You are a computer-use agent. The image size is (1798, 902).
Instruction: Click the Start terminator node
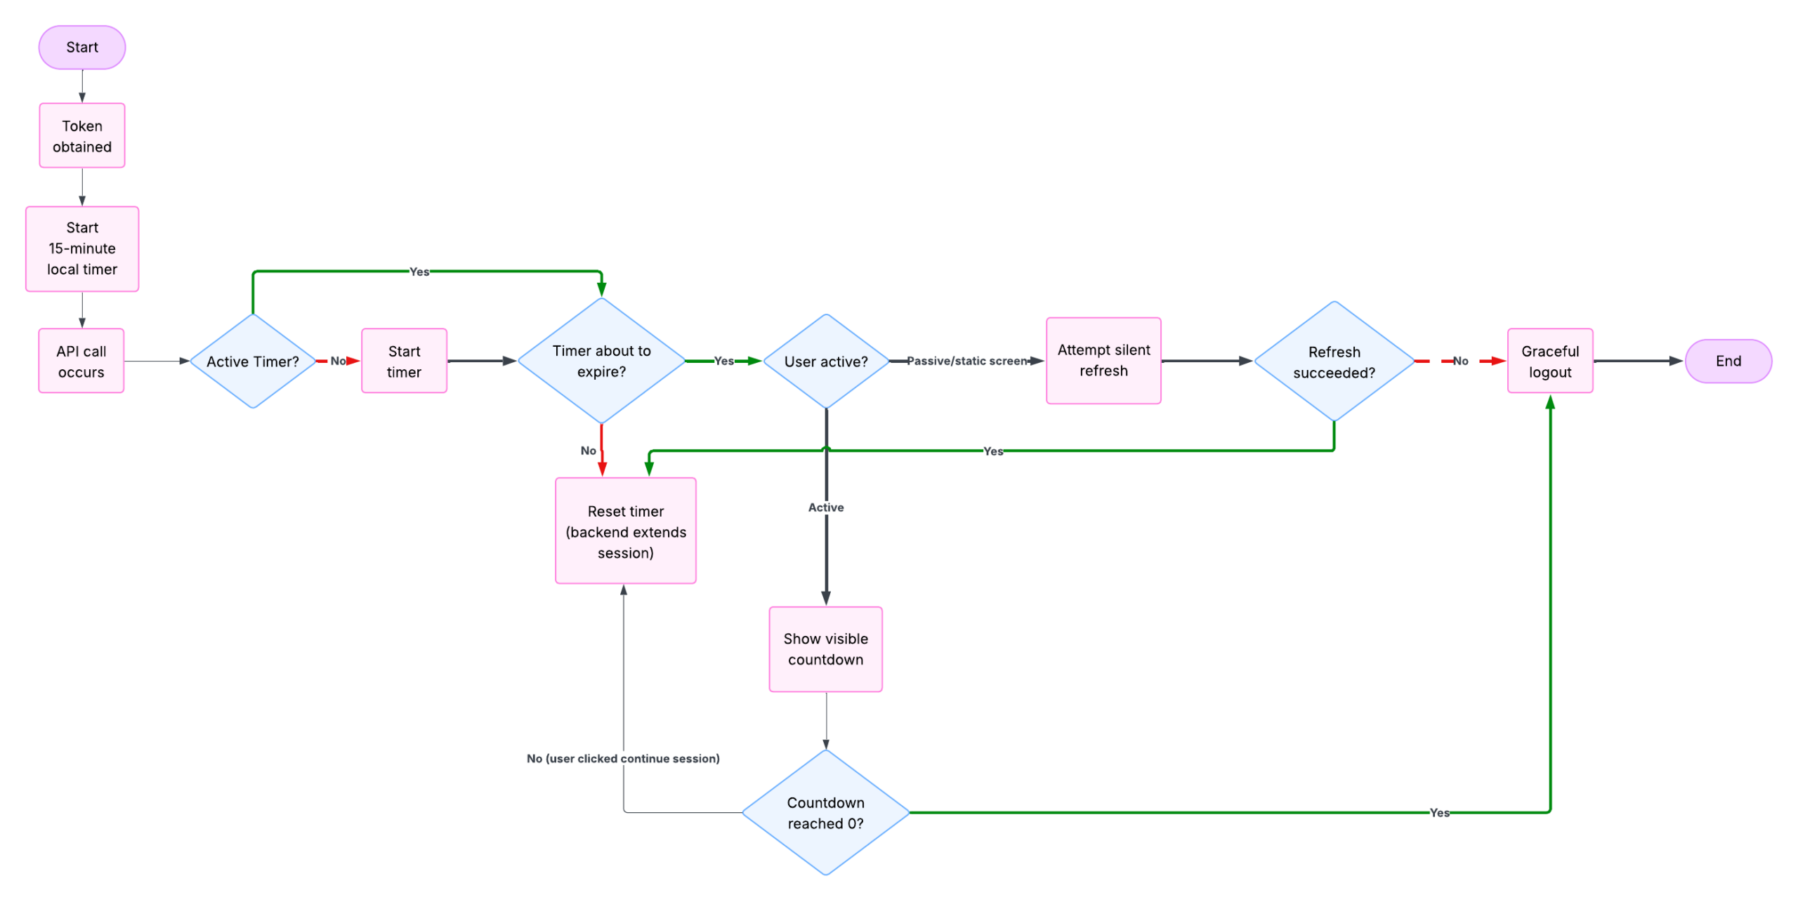click(82, 48)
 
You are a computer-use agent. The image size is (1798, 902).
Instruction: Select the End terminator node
click(1727, 361)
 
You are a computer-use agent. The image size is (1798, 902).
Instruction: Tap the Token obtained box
click(82, 135)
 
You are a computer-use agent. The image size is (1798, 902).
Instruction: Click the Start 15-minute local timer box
click(82, 248)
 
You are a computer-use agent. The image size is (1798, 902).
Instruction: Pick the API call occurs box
click(81, 361)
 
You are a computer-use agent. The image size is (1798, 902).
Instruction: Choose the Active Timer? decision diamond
click(253, 361)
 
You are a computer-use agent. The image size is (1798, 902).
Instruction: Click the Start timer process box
click(404, 361)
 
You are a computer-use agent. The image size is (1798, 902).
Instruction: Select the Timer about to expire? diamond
click(601, 361)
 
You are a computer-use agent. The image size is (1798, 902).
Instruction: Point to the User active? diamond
click(826, 361)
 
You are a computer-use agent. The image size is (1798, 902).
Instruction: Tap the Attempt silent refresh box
click(1103, 360)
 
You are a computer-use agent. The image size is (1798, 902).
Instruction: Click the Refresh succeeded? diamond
click(1334, 362)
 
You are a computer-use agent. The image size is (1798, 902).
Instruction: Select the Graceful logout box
click(1549, 361)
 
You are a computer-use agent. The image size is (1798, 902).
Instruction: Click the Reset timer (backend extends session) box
click(625, 531)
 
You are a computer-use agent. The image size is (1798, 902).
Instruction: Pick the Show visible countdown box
click(825, 649)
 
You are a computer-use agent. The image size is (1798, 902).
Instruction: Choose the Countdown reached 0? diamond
click(825, 812)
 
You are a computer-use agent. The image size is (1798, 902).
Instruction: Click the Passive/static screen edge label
click(966, 361)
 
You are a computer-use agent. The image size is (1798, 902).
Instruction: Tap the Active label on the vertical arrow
click(825, 508)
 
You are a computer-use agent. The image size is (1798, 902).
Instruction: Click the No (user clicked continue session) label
click(623, 758)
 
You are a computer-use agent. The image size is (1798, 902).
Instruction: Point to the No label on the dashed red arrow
click(1460, 361)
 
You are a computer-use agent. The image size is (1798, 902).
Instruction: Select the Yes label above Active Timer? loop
click(419, 272)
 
